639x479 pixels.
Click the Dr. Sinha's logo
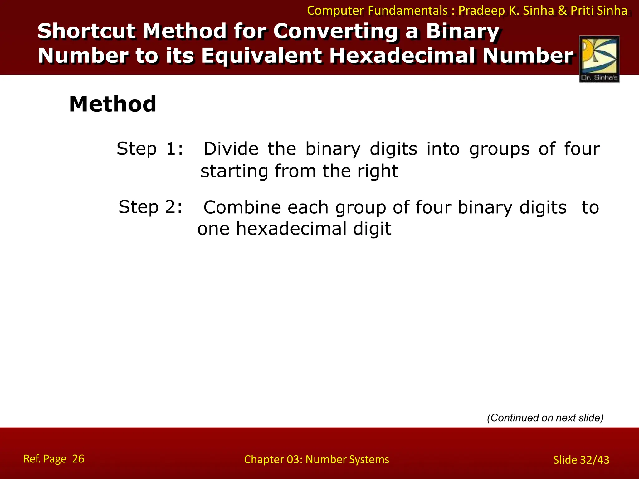coord(599,59)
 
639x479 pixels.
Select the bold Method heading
coord(113,104)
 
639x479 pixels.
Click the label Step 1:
coord(150,149)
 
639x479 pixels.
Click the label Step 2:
coord(150,207)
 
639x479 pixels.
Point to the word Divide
coord(231,149)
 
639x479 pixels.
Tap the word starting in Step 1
coord(234,171)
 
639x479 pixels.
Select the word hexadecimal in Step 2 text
coord(291,229)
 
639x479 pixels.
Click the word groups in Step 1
coord(499,149)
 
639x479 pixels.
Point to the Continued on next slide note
coord(545,418)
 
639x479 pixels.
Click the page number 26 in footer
coord(78,459)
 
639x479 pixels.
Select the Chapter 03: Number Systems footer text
coord(316,459)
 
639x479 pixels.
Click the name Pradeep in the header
coord(481,11)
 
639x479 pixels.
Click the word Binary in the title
coord(463,31)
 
